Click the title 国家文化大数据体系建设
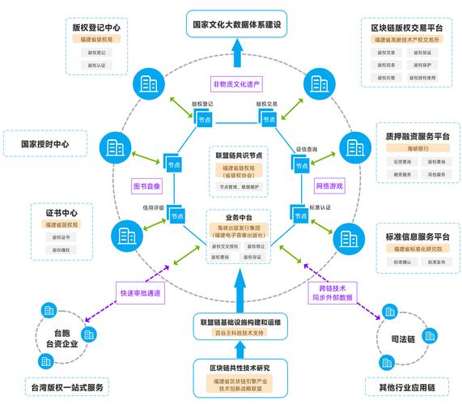[x=235, y=24]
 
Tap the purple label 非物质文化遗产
[x=235, y=83]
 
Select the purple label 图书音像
[x=146, y=186]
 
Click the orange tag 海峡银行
[x=413, y=148]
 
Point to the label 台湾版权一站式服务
[x=64, y=387]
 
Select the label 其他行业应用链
[x=402, y=387]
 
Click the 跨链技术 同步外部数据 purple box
[x=333, y=292]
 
